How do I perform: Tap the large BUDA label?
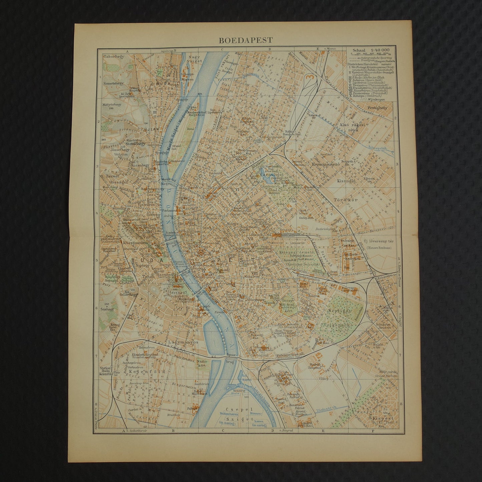[143, 259]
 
